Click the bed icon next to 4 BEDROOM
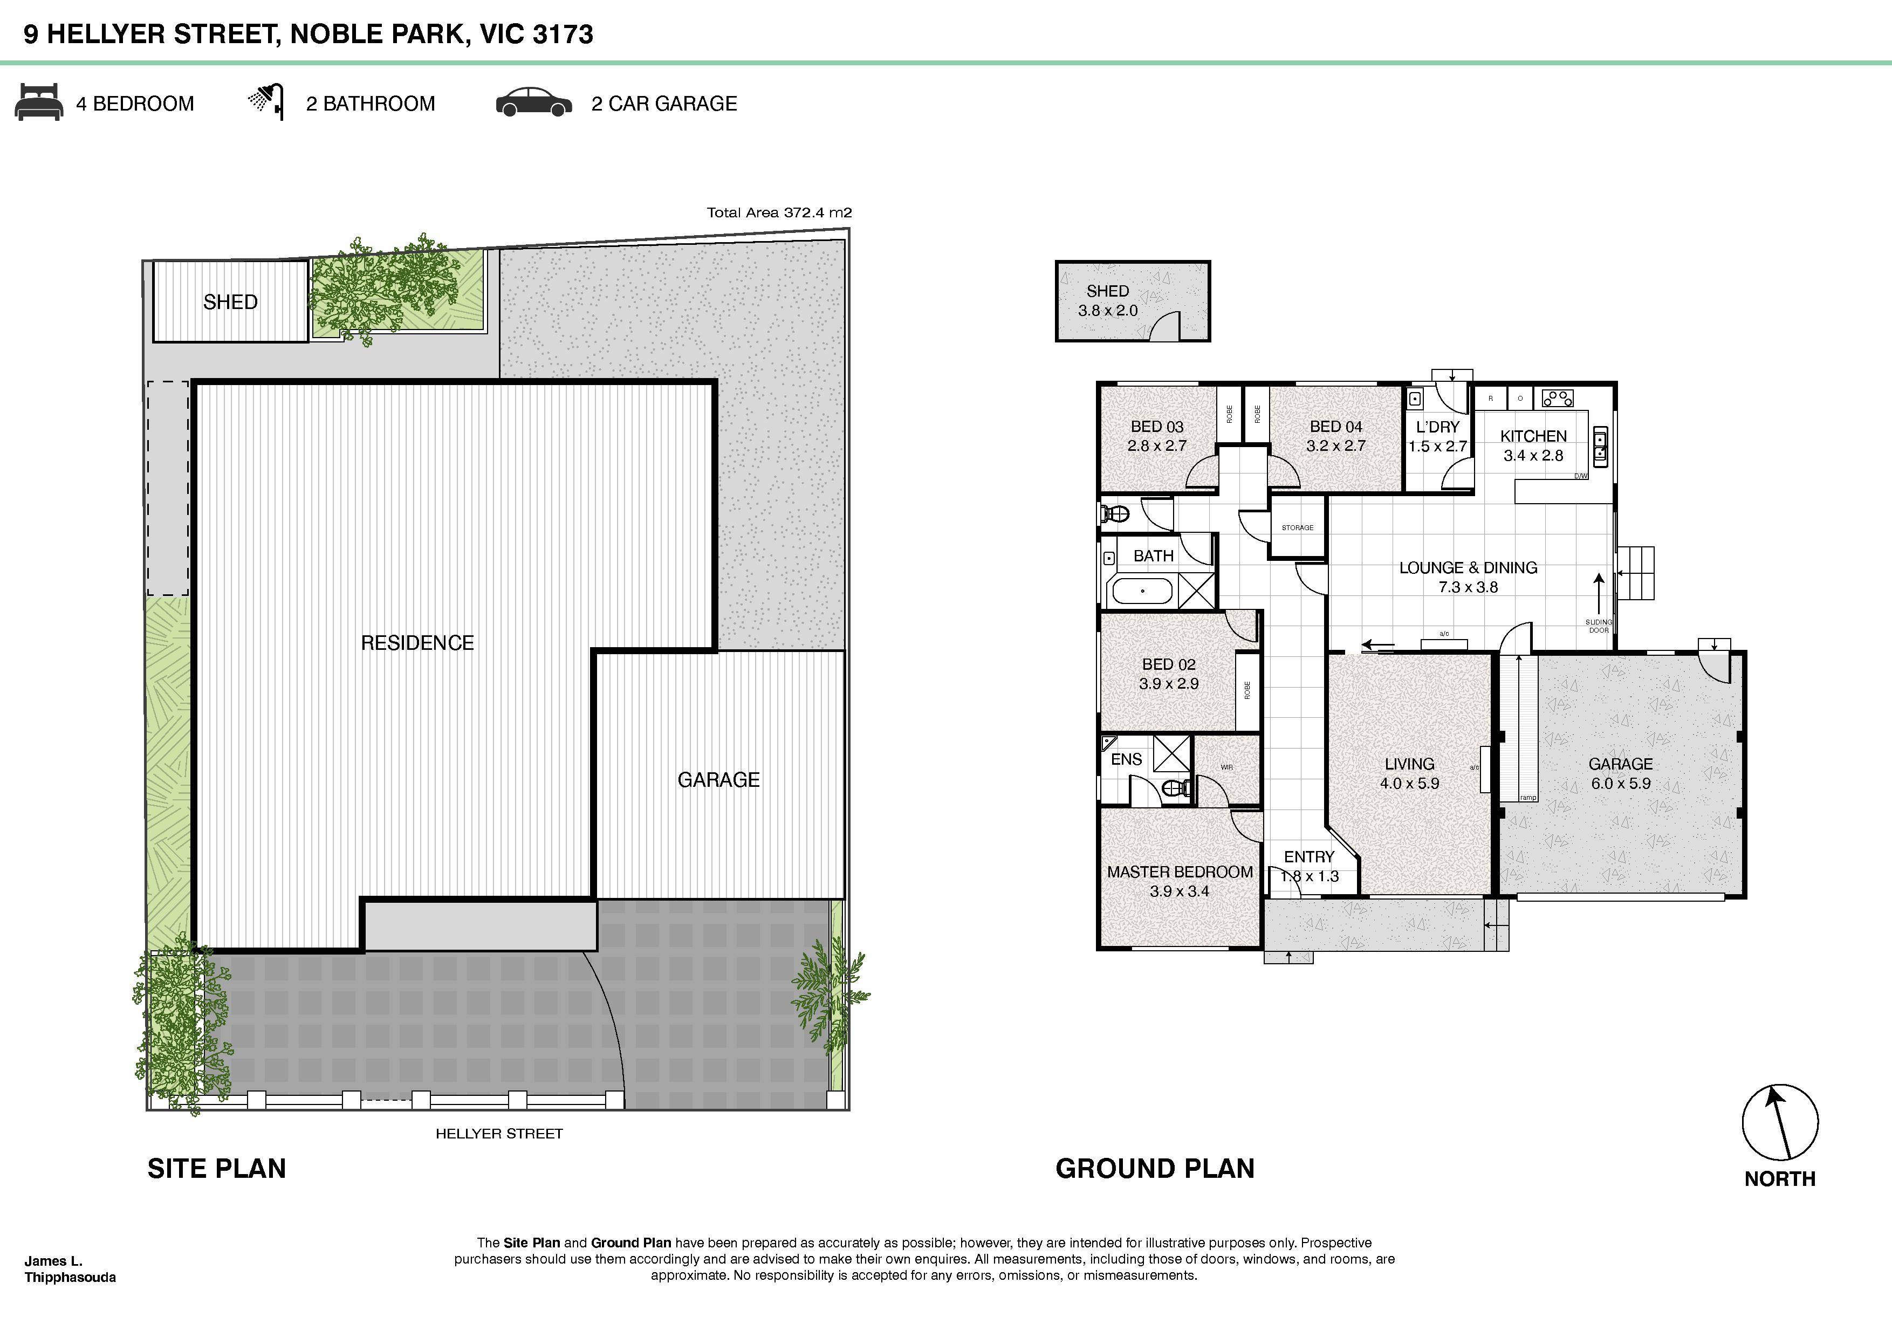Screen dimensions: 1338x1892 pyautogui.click(x=39, y=102)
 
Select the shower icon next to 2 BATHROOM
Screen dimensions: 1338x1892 pyautogui.click(x=266, y=101)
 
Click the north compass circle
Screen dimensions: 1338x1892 pyautogui.click(x=1779, y=1122)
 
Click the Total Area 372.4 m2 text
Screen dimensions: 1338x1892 pyautogui.click(x=779, y=212)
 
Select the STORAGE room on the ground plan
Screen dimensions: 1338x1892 pyautogui.click(x=1297, y=527)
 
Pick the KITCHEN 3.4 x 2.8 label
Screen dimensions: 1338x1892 pyautogui.click(x=1533, y=445)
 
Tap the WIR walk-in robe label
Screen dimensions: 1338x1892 pyautogui.click(x=1226, y=767)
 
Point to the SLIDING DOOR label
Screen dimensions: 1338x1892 pyautogui.click(x=1598, y=626)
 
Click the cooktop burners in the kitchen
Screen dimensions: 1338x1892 pyautogui.click(x=1557, y=399)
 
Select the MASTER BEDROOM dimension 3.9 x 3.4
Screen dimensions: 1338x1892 pyautogui.click(x=1179, y=890)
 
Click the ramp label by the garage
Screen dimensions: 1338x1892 pyautogui.click(x=1528, y=798)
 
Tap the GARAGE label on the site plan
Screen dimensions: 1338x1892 pyautogui.click(x=718, y=779)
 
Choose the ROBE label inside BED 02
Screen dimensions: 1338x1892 pyautogui.click(x=1247, y=690)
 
